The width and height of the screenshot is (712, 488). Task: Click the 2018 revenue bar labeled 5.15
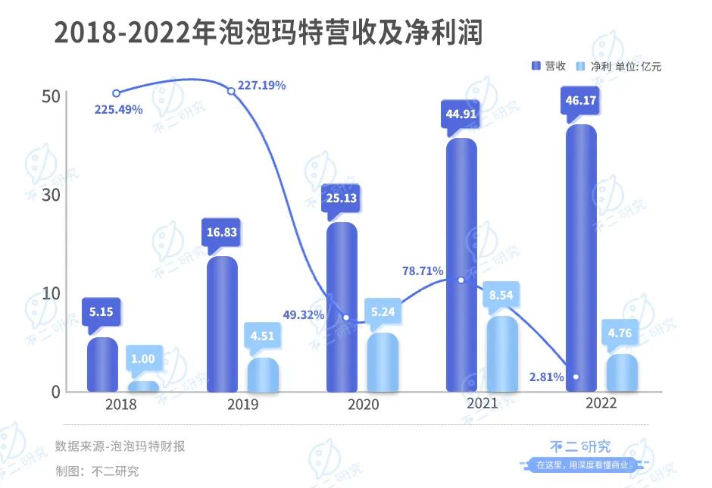point(102,364)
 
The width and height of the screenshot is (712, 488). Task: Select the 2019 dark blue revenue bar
point(222,324)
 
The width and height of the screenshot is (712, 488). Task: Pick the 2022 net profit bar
point(622,373)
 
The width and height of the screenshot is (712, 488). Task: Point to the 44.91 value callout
point(461,115)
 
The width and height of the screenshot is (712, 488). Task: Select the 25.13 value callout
point(342,199)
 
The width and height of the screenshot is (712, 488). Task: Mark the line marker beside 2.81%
point(576,377)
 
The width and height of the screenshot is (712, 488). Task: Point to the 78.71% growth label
point(423,271)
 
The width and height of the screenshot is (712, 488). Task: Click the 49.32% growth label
point(304,314)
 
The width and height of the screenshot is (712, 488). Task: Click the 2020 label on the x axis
point(363,405)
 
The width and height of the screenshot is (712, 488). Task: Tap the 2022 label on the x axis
point(601,403)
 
